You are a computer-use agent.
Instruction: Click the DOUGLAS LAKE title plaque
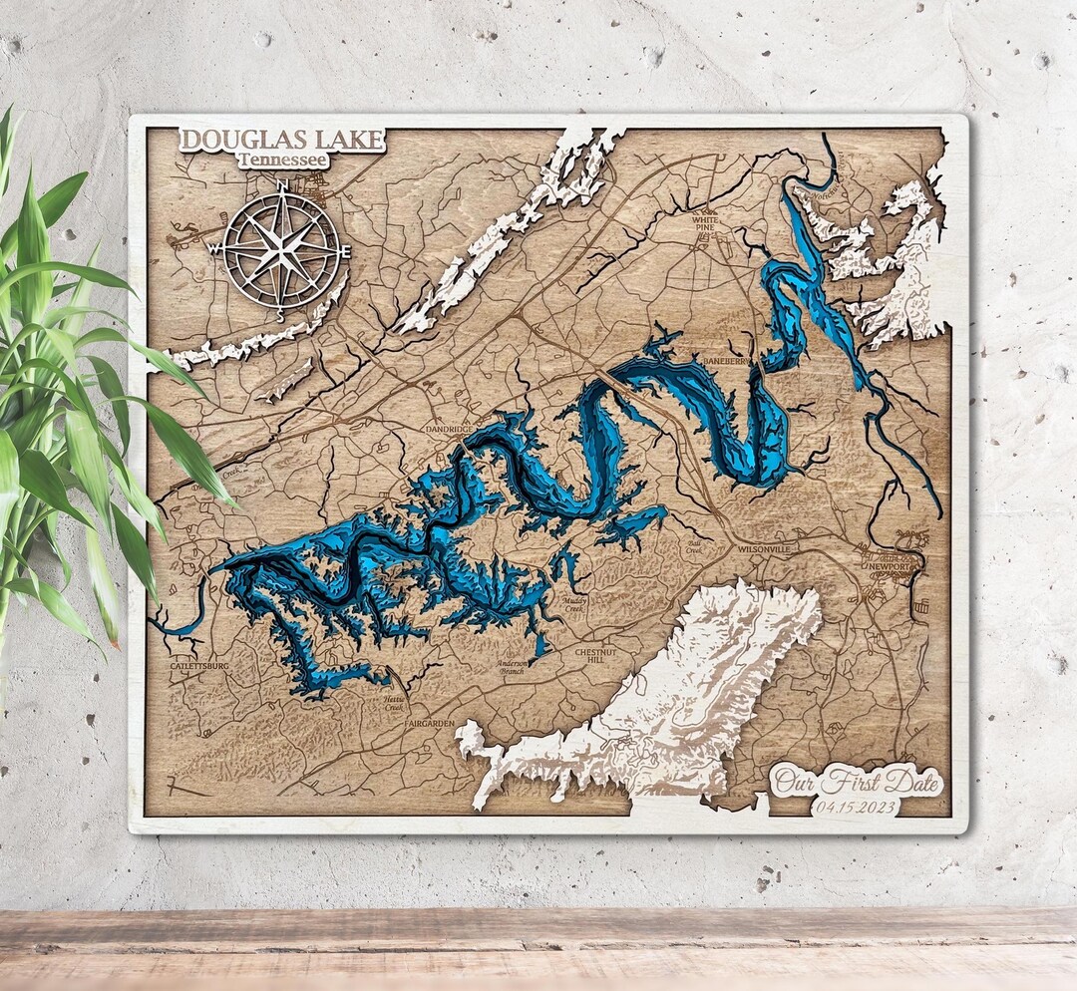[282, 140]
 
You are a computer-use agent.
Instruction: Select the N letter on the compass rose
[282, 185]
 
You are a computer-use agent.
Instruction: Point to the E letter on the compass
[348, 250]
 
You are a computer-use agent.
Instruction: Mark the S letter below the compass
[280, 316]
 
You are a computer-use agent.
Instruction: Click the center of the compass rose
[281, 249]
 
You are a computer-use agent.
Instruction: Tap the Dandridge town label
[449, 429]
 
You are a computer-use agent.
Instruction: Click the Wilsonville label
[765, 549]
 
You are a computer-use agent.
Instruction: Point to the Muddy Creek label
[574, 603]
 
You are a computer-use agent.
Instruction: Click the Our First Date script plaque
[857, 781]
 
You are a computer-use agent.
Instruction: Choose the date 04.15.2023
[855, 807]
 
